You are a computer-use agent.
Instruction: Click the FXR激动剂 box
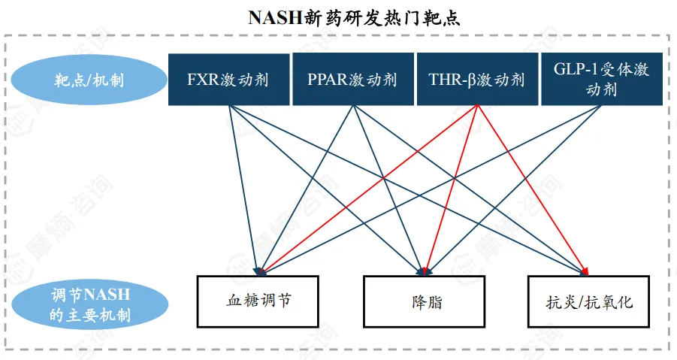tap(228, 79)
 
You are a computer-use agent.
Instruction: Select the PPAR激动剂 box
tap(352, 79)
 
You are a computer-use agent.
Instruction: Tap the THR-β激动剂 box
tap(476, 79)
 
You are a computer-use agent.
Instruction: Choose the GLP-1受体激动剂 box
tap(601, 79)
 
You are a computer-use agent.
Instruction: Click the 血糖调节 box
tap(258, 301)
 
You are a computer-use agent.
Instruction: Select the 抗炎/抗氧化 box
tap(588, 301)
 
